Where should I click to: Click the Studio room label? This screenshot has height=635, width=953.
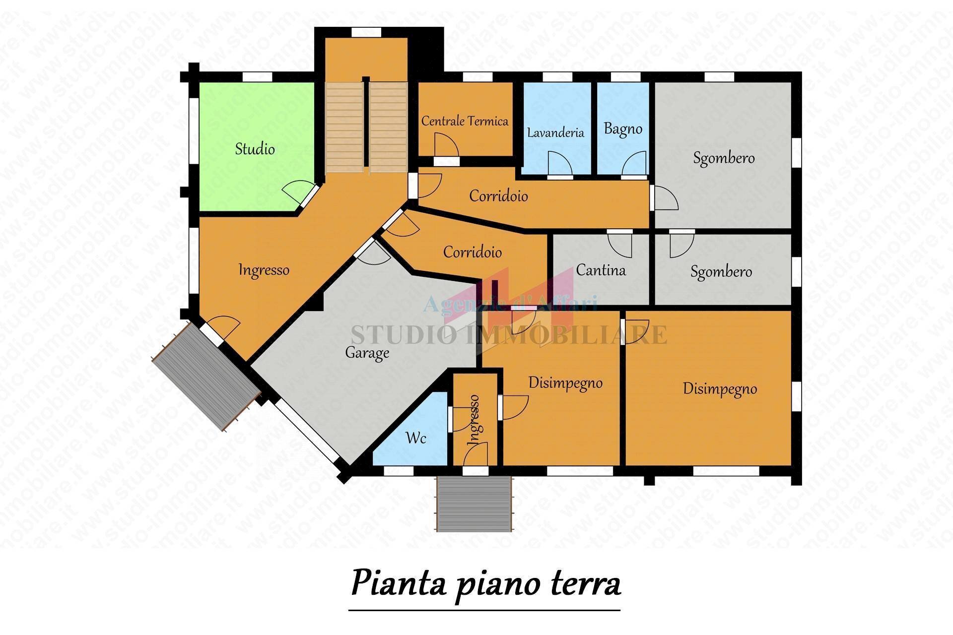coord(255,149)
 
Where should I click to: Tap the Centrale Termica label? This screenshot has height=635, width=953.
coord(465,121)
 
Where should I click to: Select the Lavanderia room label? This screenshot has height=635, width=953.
coord(555,133)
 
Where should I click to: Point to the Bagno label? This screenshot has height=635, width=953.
coord(623,129)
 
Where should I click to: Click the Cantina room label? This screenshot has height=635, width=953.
coord(601,270)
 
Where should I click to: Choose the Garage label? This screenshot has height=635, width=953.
coord(367,353)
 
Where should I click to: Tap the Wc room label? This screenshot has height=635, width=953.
coord(415,438)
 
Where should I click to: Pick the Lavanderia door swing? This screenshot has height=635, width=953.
coord(560,164)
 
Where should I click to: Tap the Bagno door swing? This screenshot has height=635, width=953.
coord(635,164)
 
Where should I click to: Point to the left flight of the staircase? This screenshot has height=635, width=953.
coord(343,127)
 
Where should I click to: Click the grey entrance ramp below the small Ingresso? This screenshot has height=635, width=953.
coord(474,503)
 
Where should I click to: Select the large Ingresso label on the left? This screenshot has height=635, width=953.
coord(264,270)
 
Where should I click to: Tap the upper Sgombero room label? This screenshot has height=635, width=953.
coord(723,158)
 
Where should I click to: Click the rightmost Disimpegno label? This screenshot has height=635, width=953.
coord(720,389)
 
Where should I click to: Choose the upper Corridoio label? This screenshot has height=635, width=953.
coord(498,196)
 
